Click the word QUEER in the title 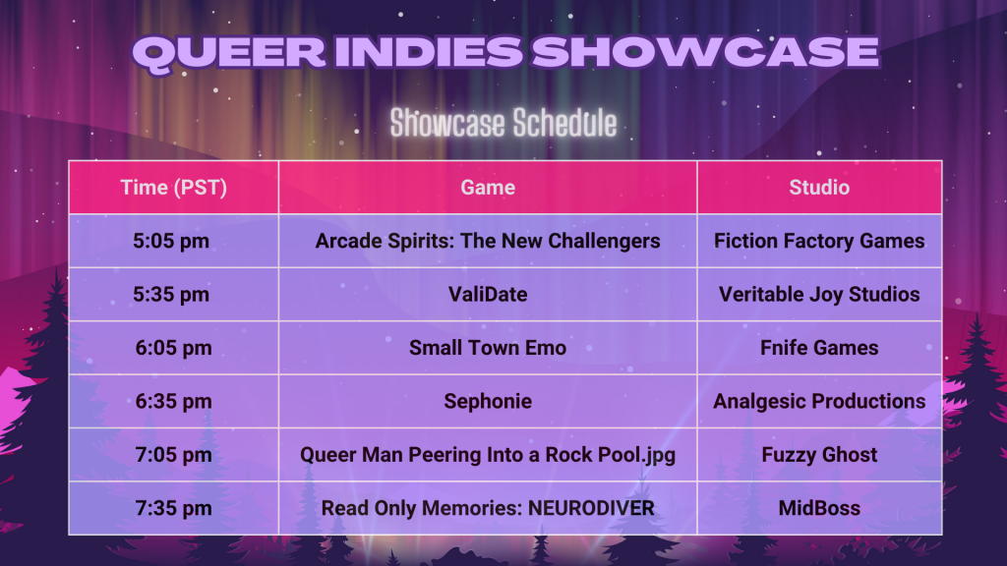[230, 53]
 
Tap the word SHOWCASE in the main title [705, 51]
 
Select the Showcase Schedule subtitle [503, 123]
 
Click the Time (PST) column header [173, 188]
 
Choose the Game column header [488, 188]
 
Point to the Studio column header [819, 188]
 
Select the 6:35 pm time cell [173, 402]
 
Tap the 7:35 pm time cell [173, 508]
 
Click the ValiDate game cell [488, 295]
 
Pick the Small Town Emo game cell [488, 348]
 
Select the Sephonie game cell [488, 402]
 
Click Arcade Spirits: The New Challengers [488, 242]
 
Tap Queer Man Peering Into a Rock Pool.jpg [488, 455]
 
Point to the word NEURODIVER [591, 508]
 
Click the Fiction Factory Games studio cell [819, 242]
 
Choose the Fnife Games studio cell [819, 348]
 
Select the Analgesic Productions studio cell [819, 402]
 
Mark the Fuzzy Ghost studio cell [819, 455]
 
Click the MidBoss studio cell [819, 508]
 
